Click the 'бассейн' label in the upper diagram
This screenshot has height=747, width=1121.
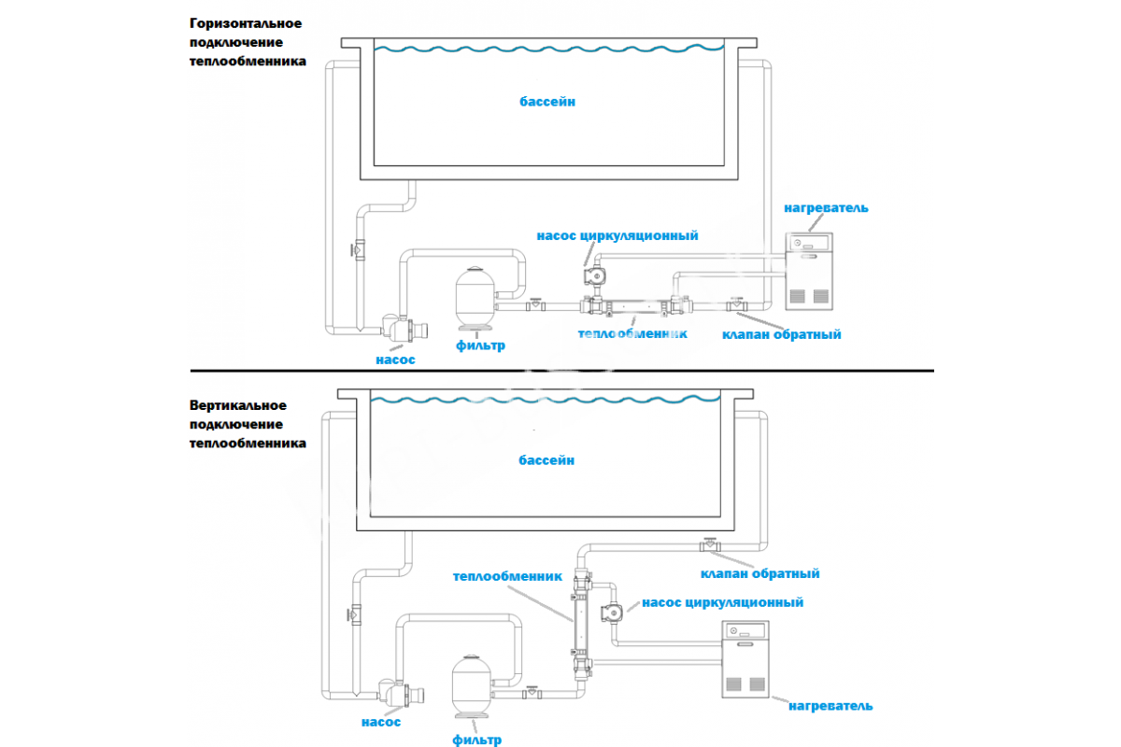click(547, 101)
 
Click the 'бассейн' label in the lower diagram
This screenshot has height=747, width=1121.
click(547, 460)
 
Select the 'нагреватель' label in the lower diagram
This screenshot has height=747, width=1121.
click(830, 705)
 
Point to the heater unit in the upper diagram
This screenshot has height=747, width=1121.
click(807, 271)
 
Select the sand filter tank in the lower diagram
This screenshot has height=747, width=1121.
click(471, 687)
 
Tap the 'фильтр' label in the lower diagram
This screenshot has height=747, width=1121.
click(476, 740)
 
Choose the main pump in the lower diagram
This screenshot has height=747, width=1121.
click(402, 696)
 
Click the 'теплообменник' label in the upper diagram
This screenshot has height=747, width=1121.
click(632, 333)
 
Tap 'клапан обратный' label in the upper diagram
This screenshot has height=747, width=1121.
click(782, 333)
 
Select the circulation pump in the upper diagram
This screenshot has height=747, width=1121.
click(594, 277)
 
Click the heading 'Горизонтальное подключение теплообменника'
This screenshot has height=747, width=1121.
click(247, 43)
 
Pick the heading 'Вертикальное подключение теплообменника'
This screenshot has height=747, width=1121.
click(247, 425)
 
